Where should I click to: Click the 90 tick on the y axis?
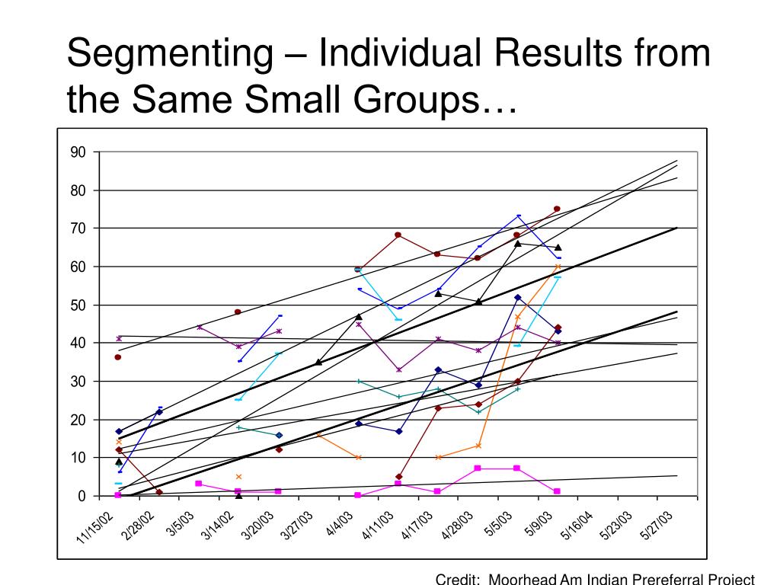(x=78, y=152)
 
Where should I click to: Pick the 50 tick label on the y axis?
(x=78, y=305)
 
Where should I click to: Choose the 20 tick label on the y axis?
(x=78, y=420)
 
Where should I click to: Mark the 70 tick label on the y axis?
(x=78, y=229)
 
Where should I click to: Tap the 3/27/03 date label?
(x=297, y=525)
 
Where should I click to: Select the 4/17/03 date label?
(x=417, y=525)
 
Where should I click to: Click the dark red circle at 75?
(x=557, y=209)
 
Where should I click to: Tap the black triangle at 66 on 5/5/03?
(x=517, y=244)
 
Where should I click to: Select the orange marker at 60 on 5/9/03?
(x=558, y=267)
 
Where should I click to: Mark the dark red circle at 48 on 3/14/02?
(x=238, y=312)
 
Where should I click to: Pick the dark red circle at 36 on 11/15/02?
(x=118, y=357)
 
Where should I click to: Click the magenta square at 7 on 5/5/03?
(x=517, y=468)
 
